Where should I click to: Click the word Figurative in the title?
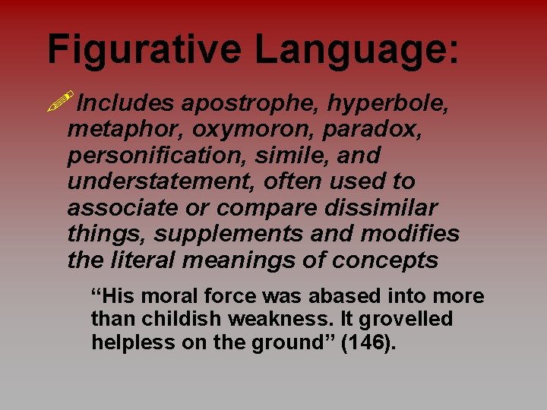click(x=144, y=49)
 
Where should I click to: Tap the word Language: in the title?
click(x=357, y=49)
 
